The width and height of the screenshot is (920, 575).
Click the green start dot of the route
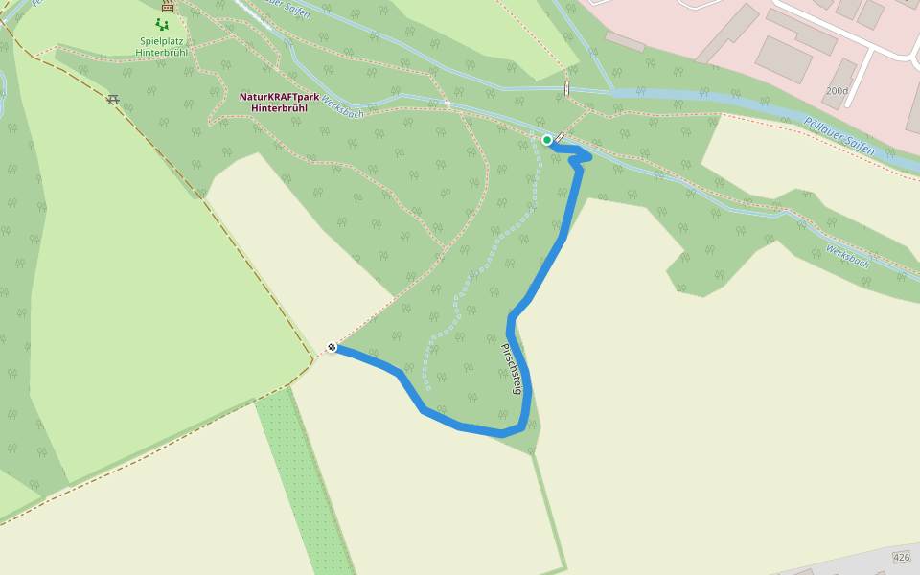pos(547,140)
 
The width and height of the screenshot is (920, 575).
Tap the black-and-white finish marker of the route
pos(332,347)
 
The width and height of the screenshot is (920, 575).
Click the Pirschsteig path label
pos(510,369)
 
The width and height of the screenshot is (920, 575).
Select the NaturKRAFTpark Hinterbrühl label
pos(279,103)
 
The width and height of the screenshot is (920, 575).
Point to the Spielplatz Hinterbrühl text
pos(161,46)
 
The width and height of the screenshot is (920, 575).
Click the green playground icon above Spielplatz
pos(161,24)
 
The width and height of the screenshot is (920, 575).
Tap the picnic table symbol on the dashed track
pos(113,99)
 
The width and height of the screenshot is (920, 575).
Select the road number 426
pos(901,557)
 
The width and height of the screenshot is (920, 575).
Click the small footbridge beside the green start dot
pos(559,138)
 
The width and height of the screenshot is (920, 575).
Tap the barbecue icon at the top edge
pos(168,4)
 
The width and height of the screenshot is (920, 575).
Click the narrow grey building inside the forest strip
pos(625,42)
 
